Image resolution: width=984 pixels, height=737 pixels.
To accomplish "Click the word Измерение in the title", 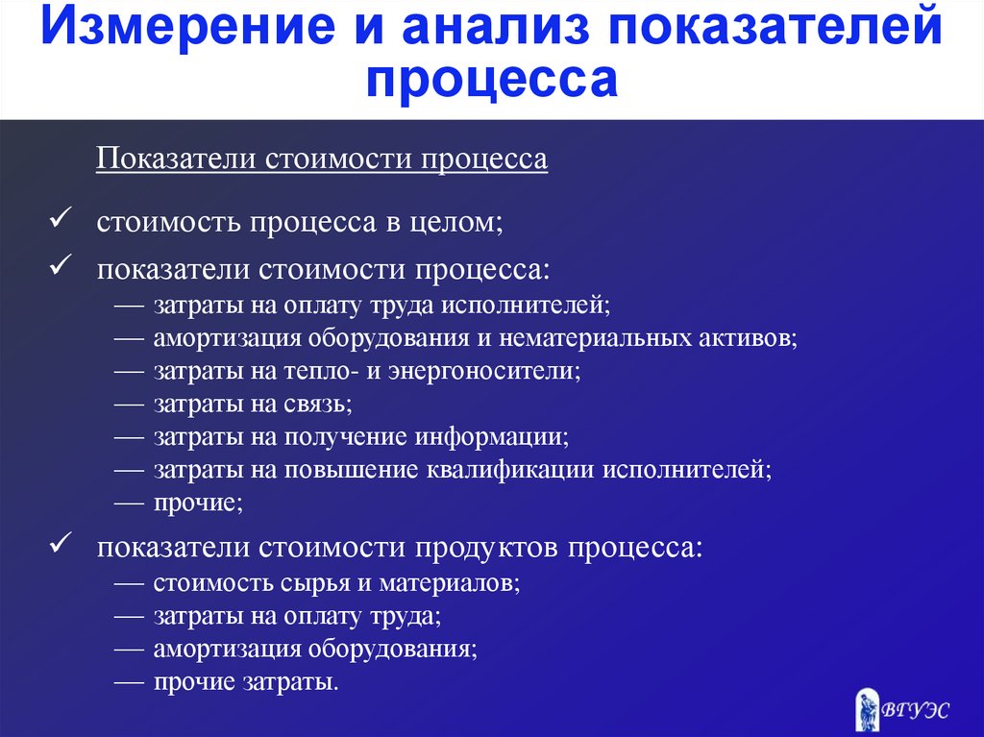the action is (x=188, y=26).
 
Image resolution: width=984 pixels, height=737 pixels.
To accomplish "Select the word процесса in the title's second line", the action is (x=492, y=80).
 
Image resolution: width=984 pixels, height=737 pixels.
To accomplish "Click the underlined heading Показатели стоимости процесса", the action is (x=322, y=159).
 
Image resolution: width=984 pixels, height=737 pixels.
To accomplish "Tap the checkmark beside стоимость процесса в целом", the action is (x=61, y=218).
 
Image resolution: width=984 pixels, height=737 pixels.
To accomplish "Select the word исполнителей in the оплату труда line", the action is (x=526, y=306).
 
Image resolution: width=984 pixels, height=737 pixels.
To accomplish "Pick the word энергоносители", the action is (x=485, y=371).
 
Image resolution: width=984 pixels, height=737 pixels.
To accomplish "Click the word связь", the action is (x=318, y=404).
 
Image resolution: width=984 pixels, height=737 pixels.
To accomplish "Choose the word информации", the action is (x=492, y=437).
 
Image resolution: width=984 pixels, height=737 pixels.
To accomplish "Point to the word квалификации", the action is (x=510, y=470).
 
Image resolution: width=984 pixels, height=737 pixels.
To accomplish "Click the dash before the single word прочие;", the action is (x=130, y=503).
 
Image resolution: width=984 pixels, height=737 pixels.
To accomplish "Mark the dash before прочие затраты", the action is (x=130, y=682).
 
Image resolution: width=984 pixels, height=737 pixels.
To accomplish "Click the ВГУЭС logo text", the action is (x=915, y=711).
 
